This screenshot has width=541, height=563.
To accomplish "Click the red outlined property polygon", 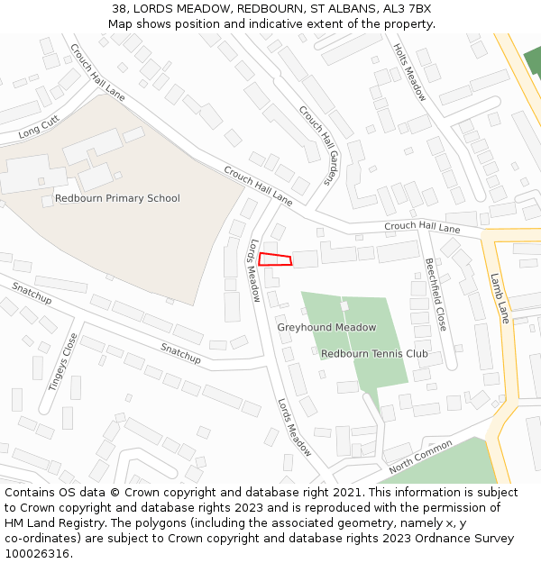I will [x=276, y=259].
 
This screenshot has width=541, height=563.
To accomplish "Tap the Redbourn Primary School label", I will [x=117, y=198].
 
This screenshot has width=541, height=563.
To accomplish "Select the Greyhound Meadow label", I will [x=326, y=327].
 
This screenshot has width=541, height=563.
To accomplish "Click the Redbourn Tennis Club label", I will [x=374, y=354].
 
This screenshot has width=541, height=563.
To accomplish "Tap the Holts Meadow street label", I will [x=409, y=73].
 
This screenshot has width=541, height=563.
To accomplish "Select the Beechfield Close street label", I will [x=436, y=294].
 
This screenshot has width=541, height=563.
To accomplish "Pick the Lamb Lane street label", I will [x=499, y=298].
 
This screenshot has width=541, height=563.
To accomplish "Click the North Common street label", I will [x=420, y=457].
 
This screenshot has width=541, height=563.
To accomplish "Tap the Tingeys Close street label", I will [x=63, y=361].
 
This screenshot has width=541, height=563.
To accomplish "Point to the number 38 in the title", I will [x=120, y=8].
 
